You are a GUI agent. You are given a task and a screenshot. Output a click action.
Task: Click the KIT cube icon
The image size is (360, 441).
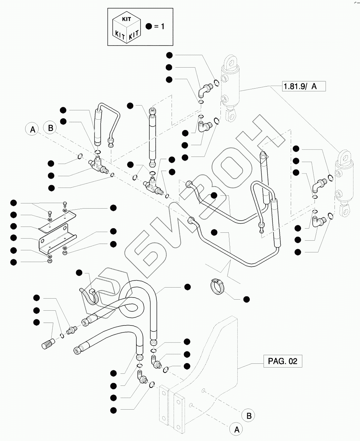[126, 27]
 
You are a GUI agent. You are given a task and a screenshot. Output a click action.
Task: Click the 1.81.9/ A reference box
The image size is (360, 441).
[303, 86]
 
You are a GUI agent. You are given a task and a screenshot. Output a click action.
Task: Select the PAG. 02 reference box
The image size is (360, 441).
[282, 361]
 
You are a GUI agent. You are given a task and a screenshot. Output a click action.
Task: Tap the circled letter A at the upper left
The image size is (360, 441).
[32, 130]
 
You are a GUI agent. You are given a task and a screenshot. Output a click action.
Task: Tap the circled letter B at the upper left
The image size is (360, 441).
[50, 128]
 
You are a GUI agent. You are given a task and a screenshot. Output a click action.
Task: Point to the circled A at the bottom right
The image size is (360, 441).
[236, 429]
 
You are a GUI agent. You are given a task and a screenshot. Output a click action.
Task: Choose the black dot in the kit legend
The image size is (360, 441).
[148, 26]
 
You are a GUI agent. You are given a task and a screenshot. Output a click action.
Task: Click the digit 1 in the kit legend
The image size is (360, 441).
[162, 26]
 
